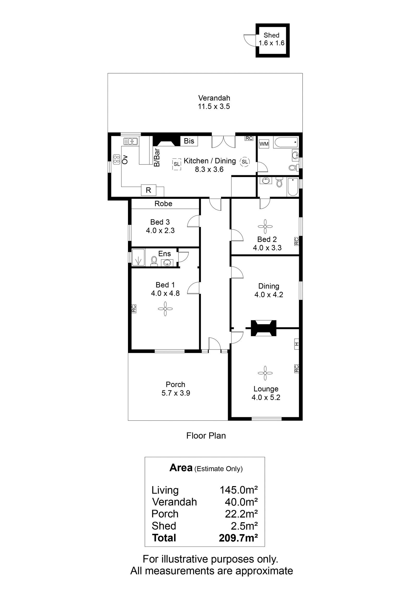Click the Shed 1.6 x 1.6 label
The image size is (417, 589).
pos(271,39)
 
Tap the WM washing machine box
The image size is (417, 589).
pos(264,144)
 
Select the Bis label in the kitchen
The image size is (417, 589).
pos(189,141)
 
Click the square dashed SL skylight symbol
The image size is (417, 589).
pos(177,164)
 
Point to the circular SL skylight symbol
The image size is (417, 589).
pos(245,162)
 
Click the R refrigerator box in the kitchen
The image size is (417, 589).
pos(149,190)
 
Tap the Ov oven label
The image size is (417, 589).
pos(125,159)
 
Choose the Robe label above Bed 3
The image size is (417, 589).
pos(163,204)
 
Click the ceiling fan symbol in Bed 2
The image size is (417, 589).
pos(265,226)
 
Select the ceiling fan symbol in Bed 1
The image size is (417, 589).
pos(165,309)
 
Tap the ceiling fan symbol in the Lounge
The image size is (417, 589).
pos(265,373)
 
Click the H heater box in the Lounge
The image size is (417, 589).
pos(296,344)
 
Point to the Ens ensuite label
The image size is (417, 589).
pos(165,254)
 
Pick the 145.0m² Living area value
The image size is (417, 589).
pos(239,490)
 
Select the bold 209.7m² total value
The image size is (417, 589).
pos(238,538)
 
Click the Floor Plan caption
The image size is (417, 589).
pos(206,435)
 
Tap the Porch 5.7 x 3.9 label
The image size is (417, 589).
pos(176,389)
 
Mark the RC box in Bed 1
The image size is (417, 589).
pos(133,309)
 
